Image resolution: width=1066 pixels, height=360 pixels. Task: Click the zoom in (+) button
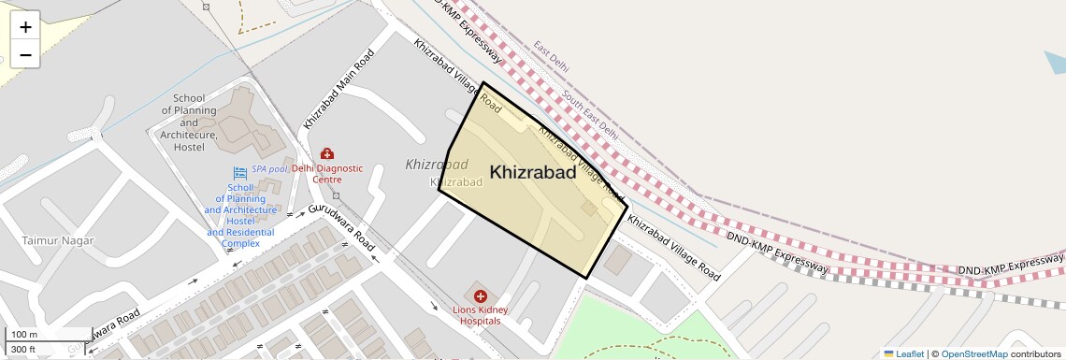(x=25, y=27)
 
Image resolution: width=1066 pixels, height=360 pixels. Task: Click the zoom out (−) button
(x=25, y=54)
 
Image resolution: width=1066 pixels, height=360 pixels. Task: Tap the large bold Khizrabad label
(x=533, y=172)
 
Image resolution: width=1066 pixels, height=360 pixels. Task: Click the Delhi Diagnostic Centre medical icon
(x=326, y=153)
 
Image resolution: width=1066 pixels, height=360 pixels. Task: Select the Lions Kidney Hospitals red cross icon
(x=481, y=296)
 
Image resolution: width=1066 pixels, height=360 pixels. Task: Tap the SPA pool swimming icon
(x=239, y=171)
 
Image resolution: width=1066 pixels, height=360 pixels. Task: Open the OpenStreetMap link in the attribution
(x=973, y=353)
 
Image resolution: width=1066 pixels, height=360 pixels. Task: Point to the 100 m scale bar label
(x=24, y=335)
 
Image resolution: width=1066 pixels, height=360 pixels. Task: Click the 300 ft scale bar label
(x=23, y=349)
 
